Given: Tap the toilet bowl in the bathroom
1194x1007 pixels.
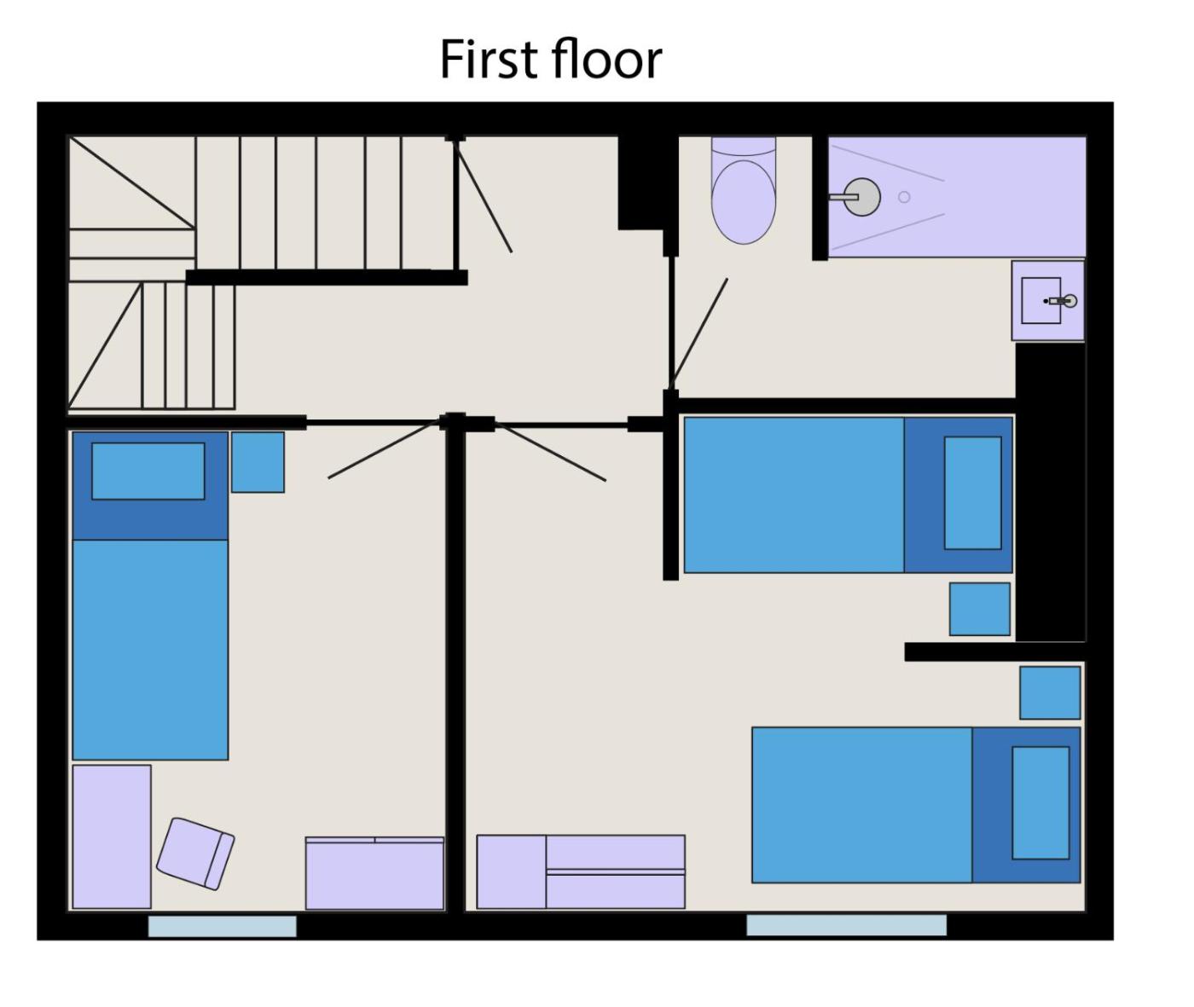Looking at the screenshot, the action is point(744,202).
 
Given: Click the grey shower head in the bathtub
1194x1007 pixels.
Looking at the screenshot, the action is point(862,197).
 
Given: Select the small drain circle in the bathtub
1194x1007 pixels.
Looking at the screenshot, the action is point(904,197).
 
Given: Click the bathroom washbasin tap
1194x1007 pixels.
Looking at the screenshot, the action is point(1063,301).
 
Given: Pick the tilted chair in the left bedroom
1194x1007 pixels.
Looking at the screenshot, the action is point(195,854).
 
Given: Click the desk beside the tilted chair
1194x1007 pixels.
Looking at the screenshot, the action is point(112,836).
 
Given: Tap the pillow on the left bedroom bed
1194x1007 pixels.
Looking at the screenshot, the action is point(148,472).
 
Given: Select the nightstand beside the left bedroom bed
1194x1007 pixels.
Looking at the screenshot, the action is point(258,462).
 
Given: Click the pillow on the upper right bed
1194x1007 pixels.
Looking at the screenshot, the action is point(973,493).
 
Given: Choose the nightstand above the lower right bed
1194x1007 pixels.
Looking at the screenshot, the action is point(1050,692).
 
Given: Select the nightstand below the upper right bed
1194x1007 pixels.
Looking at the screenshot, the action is point(980,609).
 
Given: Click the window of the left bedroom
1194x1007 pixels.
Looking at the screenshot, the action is point(223,926).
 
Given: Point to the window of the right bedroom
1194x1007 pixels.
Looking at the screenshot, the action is point(846,925).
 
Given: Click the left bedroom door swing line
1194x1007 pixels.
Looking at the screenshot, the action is point(385,449).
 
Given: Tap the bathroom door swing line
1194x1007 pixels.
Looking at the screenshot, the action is point(698,333).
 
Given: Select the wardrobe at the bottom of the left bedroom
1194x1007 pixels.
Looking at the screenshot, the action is point(374,873).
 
